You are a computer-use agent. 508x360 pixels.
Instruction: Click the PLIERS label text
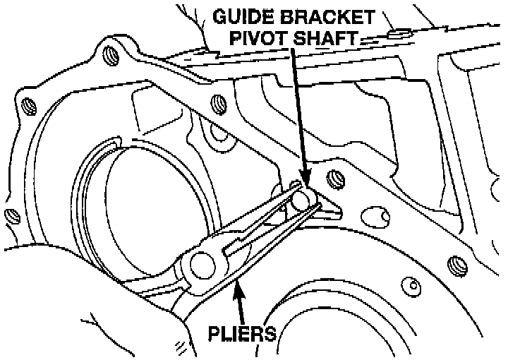(x=241, y=332)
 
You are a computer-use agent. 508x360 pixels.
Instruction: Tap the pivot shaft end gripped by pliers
(x=302, y=200)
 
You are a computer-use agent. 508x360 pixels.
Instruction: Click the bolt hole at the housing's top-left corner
(x=109, y=54)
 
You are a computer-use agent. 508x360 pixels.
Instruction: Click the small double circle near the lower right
(x=413, y=286)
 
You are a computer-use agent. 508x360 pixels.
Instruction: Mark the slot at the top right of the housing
(x=399, y=32)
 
